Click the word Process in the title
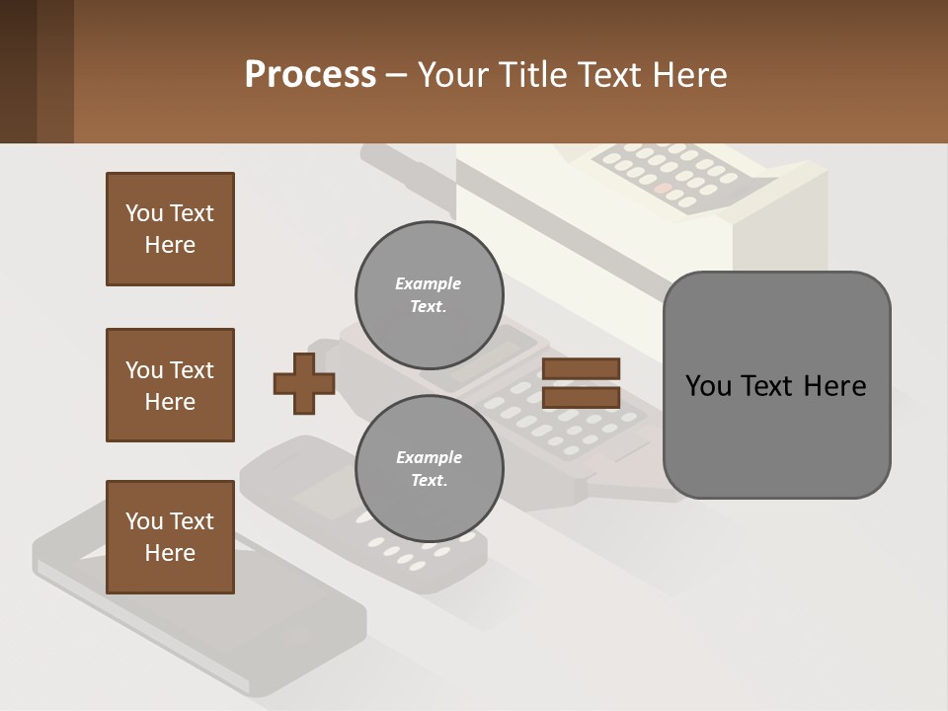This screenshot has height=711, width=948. tap(310, 75)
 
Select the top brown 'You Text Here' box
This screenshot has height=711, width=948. tap(170, 229)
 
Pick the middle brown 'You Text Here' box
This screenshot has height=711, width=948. tap(170, 385)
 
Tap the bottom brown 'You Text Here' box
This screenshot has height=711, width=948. tap(170, 537)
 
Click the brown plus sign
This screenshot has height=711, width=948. tap(304, 383)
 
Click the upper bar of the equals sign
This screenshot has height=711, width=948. tap(582, 368)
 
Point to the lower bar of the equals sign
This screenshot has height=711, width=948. tap(582, 398)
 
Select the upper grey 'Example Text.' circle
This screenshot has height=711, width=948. tap(429, 294)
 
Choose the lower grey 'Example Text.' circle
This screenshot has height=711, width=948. tap(429, 468)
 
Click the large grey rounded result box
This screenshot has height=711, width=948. tap(776, 385)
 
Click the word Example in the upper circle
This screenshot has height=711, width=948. tap(429, 283)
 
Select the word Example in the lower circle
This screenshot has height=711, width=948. tap(429, 457)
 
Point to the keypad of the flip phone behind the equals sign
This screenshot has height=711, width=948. tap(553, 420)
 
